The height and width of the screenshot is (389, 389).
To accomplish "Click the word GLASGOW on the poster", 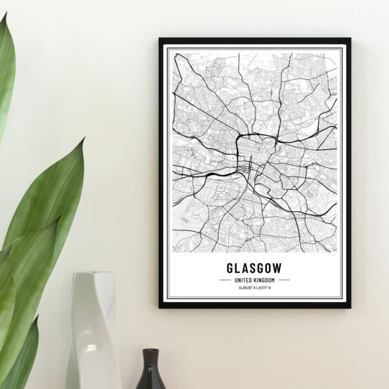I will tap(254, 268).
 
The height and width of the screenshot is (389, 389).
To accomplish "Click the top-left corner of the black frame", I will tap(160, 39).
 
